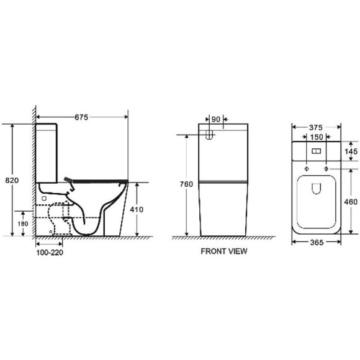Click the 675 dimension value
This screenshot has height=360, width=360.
pos(81,115)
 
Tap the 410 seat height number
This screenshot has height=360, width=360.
pos(137,209)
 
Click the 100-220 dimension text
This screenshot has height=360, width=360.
pos(49,252)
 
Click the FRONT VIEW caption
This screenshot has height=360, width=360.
pos(223,251)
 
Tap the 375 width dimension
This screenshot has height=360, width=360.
pos(317,127)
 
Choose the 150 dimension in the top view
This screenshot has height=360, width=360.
pos(317,137)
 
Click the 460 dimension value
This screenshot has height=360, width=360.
pos(350,202)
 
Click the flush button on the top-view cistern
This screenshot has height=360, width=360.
pos(317,151)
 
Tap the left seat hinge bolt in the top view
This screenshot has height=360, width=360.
pos(307,168)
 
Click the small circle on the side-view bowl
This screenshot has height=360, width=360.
pos(45,199)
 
